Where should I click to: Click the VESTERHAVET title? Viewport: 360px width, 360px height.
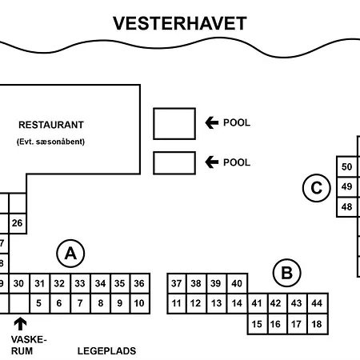click(179, 22)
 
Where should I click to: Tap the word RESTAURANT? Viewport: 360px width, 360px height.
click(51, 125)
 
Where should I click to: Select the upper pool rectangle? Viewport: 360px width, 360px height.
click(174, 123)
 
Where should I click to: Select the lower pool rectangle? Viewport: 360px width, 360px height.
click(174, 162)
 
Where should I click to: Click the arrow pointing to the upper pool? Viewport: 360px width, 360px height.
click(212, 122)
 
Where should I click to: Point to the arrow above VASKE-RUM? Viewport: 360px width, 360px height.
click(20, 324)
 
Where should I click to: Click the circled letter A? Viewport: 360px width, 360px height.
click(70, 254)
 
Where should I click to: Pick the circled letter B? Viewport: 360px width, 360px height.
click(286, 274)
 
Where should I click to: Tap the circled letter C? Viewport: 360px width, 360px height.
click(317, 189)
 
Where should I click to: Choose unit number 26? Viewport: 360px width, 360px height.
click(17, 223)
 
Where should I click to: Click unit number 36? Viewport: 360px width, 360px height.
click(139, 283)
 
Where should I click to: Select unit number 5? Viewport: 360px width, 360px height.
click(38, 303)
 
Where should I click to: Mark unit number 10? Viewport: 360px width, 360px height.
click(139, 303)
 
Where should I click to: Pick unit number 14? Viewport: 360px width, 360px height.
click(237, 303)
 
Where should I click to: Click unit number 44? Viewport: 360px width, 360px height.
click(316, 303)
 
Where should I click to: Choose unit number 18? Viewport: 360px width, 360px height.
click(316, 324)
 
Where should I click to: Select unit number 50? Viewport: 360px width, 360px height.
click(346, 167)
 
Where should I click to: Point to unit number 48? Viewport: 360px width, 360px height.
click(346, 207)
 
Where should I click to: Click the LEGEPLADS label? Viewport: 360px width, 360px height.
click(106, 350)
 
